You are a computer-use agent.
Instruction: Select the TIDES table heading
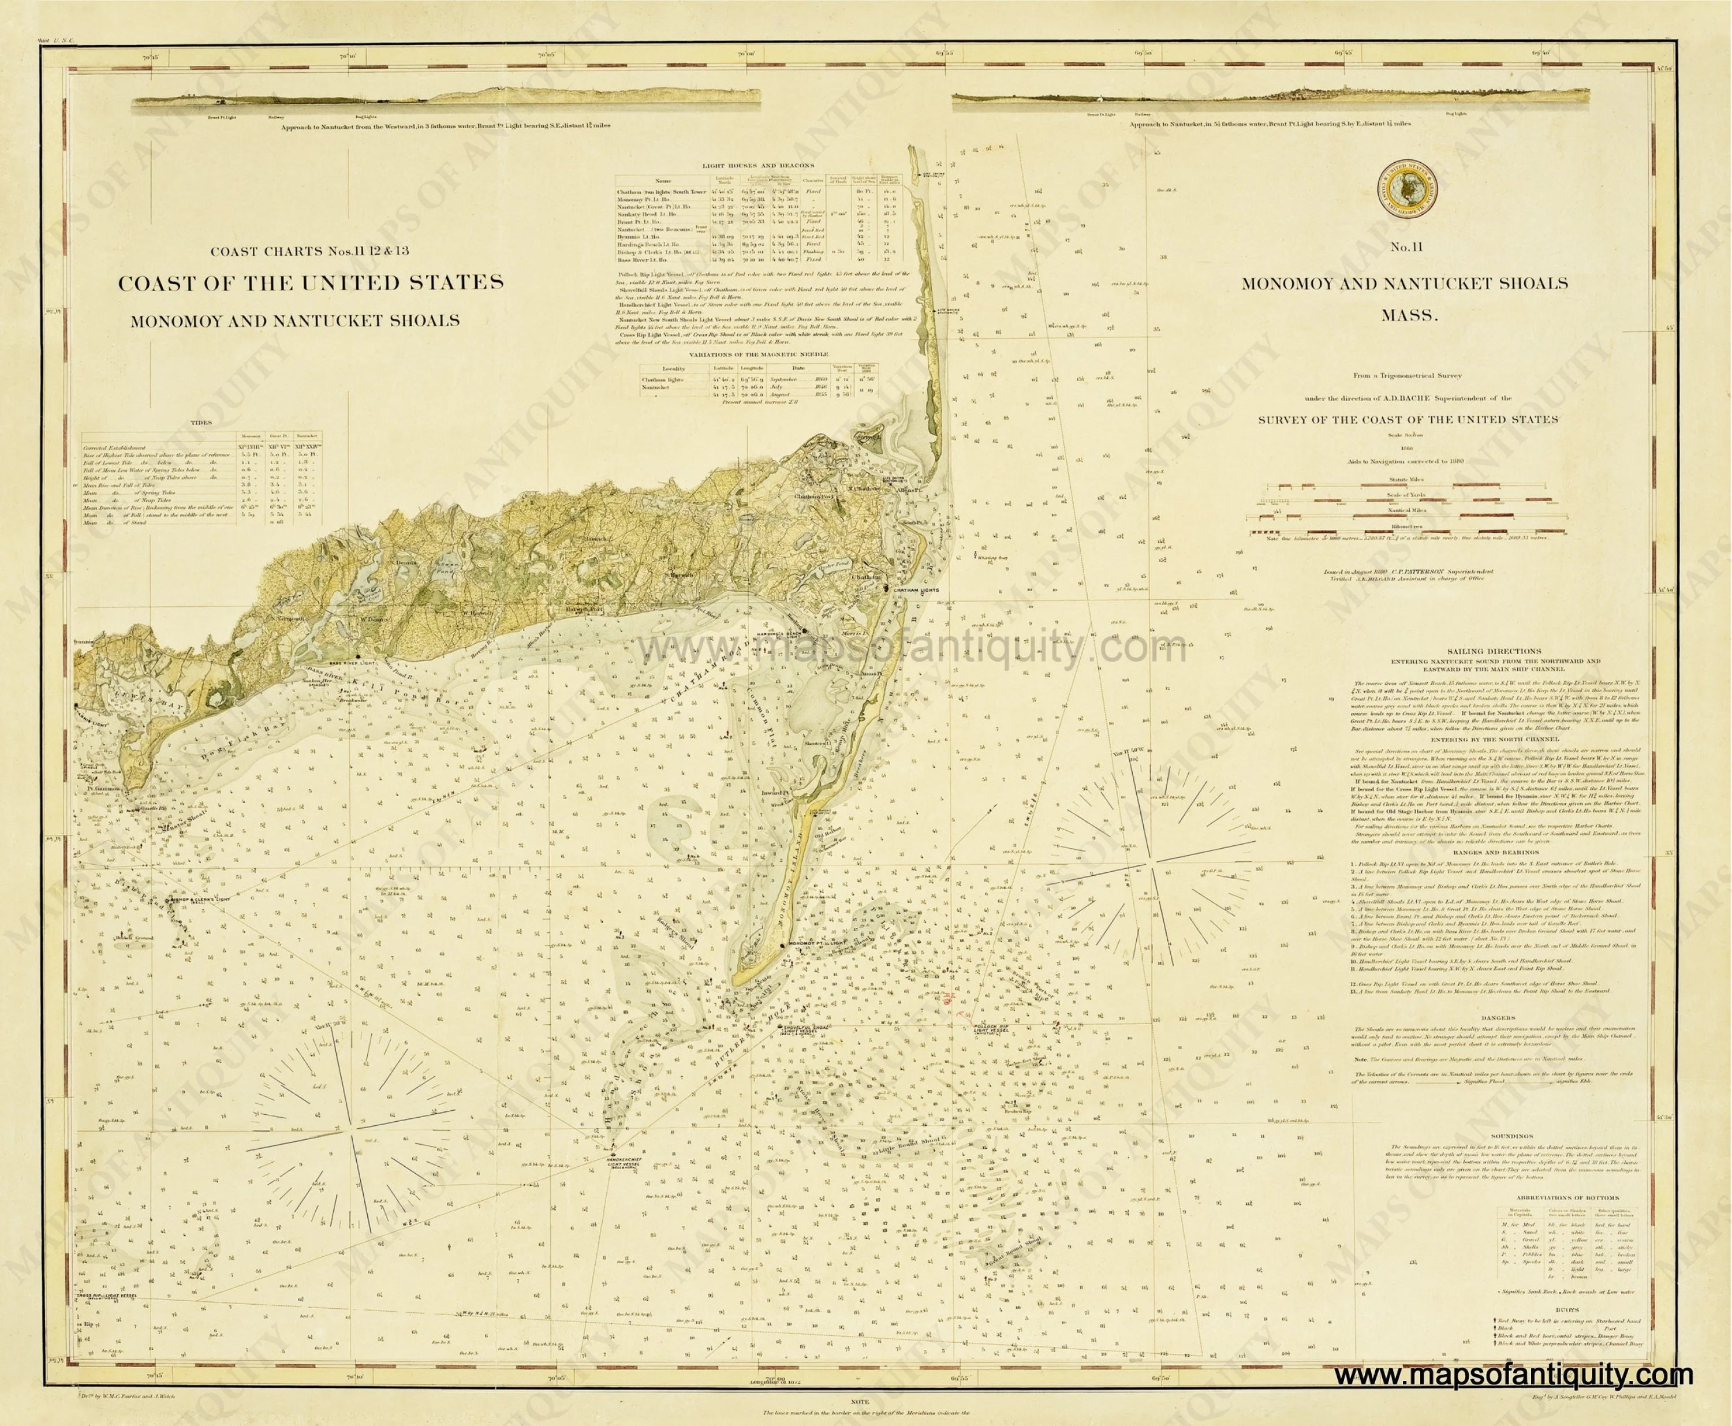pos(201,423)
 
